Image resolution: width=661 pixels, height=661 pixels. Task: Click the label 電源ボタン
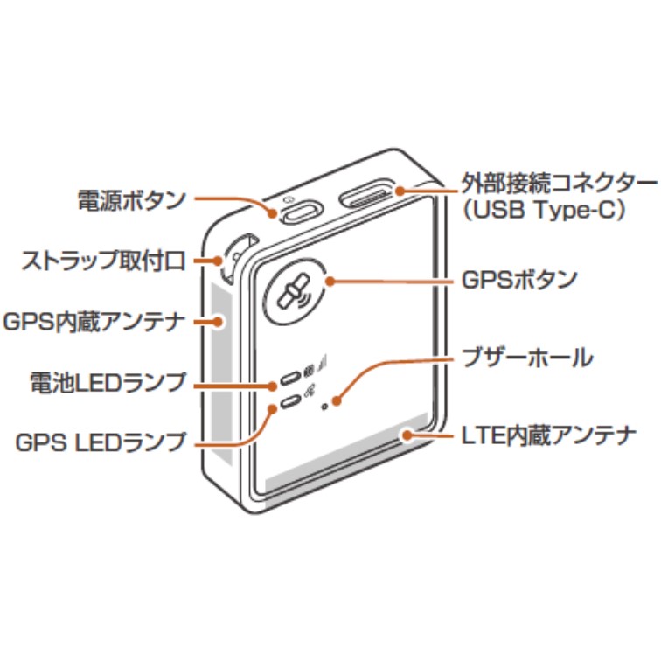click(131, 200)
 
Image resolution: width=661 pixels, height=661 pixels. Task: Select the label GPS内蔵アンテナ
click(94, 321)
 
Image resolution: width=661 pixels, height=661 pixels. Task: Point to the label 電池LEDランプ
click(108, 382)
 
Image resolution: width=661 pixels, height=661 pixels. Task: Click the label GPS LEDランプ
click(101, 442)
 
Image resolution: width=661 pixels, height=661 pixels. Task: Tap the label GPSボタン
click(519, 281)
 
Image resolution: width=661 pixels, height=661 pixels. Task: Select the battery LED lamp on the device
click(289, 381)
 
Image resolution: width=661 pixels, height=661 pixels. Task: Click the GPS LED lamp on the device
click(289, 403)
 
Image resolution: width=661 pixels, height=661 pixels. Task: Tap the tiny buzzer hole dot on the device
click(325, 407)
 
